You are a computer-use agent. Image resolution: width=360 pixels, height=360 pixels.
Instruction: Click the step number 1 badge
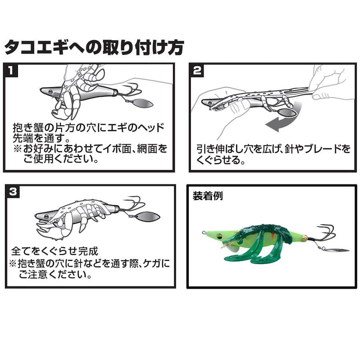click(x=10, y=70)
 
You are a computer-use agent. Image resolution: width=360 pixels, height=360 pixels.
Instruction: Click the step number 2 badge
click(x=197, y=70)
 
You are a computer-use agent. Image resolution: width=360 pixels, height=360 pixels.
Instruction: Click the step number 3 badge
click(x=13, y=192)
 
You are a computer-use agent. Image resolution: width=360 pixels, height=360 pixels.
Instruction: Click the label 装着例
click(x=208, y=196)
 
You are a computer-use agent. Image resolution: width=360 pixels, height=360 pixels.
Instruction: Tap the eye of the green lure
click(x=220, y=235)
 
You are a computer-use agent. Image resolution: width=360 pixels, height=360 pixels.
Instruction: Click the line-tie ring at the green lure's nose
click(x=204, y=232)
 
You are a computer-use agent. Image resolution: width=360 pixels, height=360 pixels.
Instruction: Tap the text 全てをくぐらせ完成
click(x=55, y=251)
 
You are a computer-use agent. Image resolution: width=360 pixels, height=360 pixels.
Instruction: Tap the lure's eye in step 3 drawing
click(x=45, y=216)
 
